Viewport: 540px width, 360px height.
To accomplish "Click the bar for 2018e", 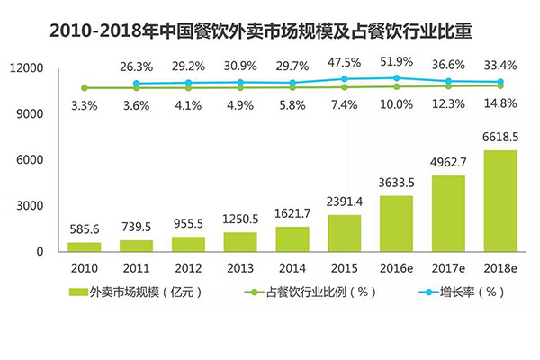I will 501,201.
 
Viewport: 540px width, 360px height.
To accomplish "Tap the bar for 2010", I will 84,246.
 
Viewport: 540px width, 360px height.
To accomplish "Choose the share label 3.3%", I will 84,105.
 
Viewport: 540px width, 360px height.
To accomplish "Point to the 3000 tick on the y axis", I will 31,205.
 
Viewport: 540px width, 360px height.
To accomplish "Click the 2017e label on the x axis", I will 448,268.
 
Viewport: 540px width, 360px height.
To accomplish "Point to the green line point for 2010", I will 84,88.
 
